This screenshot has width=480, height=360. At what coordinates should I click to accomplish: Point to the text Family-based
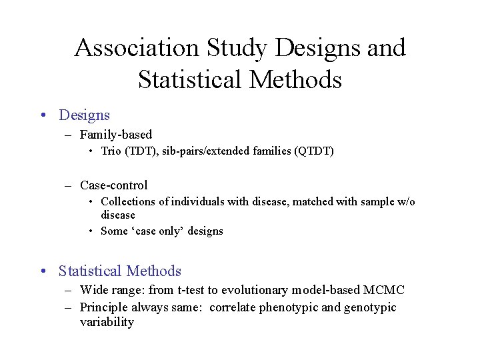pyautogui.click(x=116, y=135)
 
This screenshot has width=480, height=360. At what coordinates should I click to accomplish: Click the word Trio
pyautogui.click(x=111, y=151)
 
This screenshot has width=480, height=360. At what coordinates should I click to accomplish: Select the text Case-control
pyautogui.click(x=113, y=185)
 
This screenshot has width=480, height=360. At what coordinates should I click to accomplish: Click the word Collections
pyautogui.click(x=126, y=201)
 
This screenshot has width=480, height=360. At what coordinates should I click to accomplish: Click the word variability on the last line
pyautogui.click(x=107, y=322)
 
